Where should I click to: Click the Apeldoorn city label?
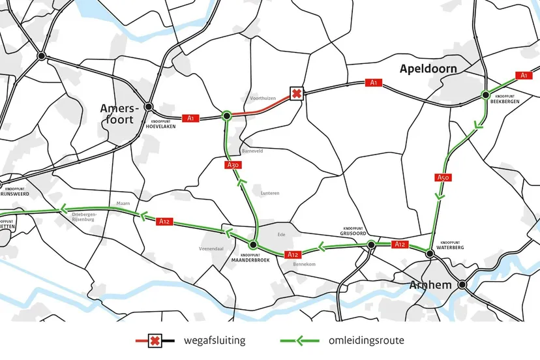tap(428, 69)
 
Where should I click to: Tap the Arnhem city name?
tap(430, 285)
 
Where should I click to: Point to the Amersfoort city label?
tap(117, 113)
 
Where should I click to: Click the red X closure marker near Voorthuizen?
tap(296, 93)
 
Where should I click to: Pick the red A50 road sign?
tap(442, 177)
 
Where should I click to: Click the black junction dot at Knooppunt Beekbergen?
tap(486, 95)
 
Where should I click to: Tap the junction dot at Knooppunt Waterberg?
tap(430, 253)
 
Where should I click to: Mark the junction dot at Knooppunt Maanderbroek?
tap(253, 245)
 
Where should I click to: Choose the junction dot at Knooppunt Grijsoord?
tap(370, 245)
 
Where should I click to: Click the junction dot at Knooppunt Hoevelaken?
tap(149, 106)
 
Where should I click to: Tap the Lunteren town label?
tap(269, 193)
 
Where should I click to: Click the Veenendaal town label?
tap(212, 249)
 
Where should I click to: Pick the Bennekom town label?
tap(304, 264)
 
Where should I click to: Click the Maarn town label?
tap(123, 203)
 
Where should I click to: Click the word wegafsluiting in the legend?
tap(215, 340)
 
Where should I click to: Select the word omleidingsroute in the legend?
tap(365, 340)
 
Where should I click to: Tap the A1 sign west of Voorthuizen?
tap(190, 118)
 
